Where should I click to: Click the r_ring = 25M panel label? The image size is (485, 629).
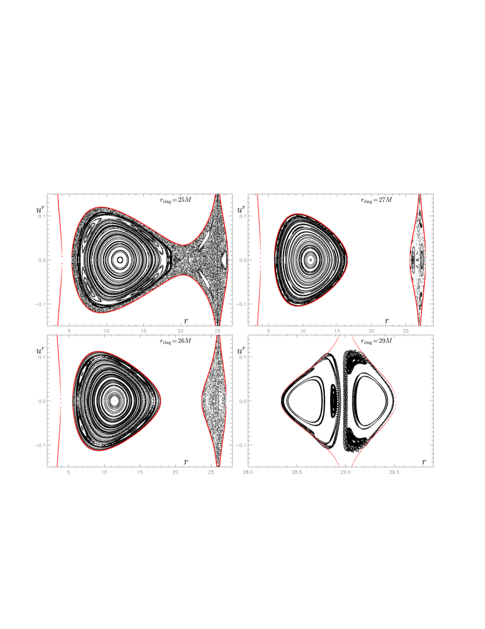(175, 200)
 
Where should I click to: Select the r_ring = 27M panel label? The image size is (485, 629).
(376, 200)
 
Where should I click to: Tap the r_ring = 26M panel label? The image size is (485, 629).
(175, 341)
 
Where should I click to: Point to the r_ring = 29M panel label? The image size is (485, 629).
(376, 341)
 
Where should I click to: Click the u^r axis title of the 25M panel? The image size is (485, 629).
(40, 209)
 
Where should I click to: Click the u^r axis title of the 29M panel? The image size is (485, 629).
(241, 350)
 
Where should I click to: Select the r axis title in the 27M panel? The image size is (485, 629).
(387, 321)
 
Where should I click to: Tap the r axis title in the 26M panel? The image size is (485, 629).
(186, 462)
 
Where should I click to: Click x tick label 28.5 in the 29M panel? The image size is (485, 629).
(297, 472)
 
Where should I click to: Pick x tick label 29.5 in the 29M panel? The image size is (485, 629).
(394, 472)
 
